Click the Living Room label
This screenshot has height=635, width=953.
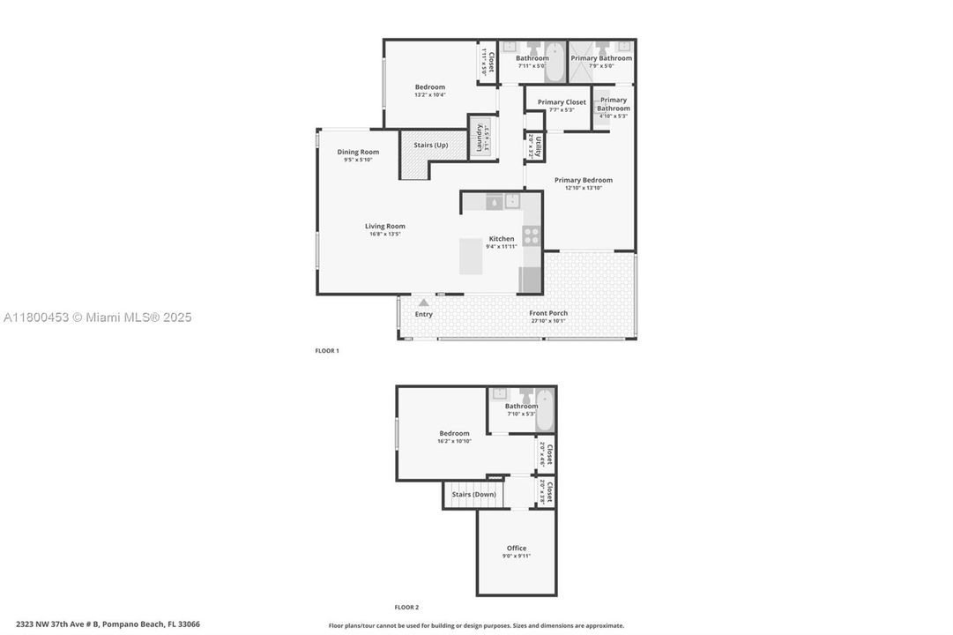click(x=385, y=226)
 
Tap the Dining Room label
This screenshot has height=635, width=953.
click(x=358, y=152)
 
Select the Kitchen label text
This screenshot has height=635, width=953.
click(x=502, y=239)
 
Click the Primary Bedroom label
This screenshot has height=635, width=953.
click(x=583, y=180)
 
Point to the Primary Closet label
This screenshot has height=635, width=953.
click(x=562, y=102)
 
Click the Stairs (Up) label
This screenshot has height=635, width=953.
click(x=431, y=145)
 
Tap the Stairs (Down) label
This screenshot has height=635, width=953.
click(x=474, y=494)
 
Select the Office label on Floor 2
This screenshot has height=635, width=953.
click(x=517, y=548)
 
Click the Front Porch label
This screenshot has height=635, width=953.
click(x=548, y=313)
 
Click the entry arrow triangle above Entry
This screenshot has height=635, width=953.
click(x=423, y=303)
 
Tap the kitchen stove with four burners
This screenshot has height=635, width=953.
click(x=532, y=235)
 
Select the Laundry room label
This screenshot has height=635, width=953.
click(x=480, y=138)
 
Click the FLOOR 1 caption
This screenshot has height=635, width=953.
click(x=327, y=351)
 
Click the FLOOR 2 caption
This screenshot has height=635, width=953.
click(x=406, y=607)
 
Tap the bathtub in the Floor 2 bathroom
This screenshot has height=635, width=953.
click(x=545, y=409)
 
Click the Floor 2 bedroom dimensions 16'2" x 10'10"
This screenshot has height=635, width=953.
click(x=455, y=441)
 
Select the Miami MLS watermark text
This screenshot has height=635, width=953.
click(x=97, y=317)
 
